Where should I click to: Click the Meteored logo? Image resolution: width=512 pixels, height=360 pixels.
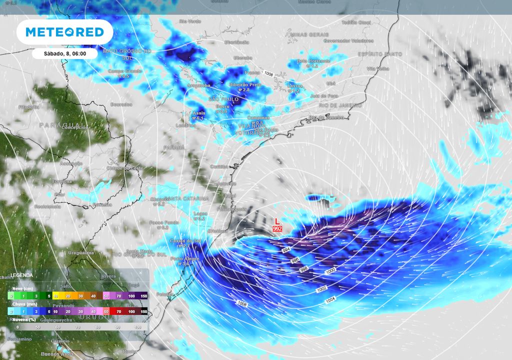tap(64, 32)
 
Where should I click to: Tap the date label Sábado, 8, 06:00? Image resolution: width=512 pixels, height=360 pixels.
tap(65, 53)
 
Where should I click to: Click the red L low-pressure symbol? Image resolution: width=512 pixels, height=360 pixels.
tap(277, 220)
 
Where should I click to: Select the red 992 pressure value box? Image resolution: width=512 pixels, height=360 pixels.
tap(277, 228)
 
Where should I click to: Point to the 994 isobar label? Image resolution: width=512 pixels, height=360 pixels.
tap(286, 249)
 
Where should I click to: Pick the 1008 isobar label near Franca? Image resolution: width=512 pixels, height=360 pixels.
tap(268, 73)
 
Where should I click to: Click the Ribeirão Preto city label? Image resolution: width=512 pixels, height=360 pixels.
tap(245, 84)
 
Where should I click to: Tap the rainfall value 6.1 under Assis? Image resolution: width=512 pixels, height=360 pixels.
tap(198, 118)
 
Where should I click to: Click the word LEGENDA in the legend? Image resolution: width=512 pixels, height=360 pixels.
tap(22, 275)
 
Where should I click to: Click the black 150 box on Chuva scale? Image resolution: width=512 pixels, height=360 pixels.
tap(143, 311)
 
